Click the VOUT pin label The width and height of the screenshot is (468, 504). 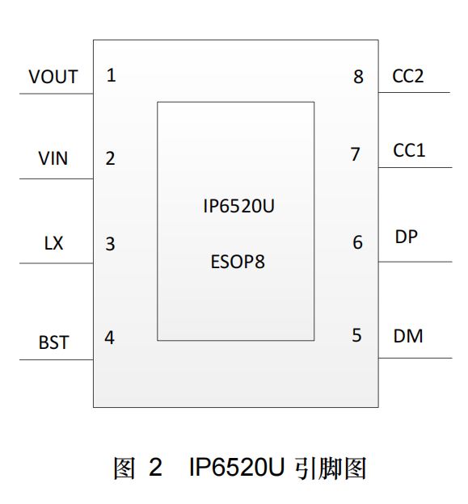click(x=53, y=77)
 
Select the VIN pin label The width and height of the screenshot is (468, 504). click(x=53, y=158)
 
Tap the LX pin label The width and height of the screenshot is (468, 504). click(x=53, y=243)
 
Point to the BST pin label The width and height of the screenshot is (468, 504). click(x=53, y=342)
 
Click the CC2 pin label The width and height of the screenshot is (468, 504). click(x=408, y=76)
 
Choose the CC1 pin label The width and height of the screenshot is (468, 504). click(x=409, y=150)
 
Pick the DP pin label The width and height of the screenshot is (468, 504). click(x=407, y=237)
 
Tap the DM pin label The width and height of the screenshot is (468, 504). click(x=408, y=336)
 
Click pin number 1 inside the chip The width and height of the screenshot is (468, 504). click(x=112, y=75)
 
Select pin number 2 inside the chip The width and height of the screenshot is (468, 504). click(x=110, y=158)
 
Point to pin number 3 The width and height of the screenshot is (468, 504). click(x=110, y=244)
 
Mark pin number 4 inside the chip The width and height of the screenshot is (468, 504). click(x=109, y=338)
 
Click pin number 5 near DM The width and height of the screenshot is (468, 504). click(x=356, y=335)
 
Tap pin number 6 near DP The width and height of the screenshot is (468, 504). click(x=358, y=242)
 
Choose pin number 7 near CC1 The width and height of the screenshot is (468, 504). click(x=355, y=154)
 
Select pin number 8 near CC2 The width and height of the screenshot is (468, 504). click(x=359, y=77)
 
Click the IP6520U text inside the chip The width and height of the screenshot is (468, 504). click(x=238, y=206)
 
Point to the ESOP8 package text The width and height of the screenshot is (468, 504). click(x=238, y=262)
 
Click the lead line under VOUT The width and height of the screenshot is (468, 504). click(x=57, y=94)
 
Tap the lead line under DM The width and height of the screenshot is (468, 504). click(x=415, y=358)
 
